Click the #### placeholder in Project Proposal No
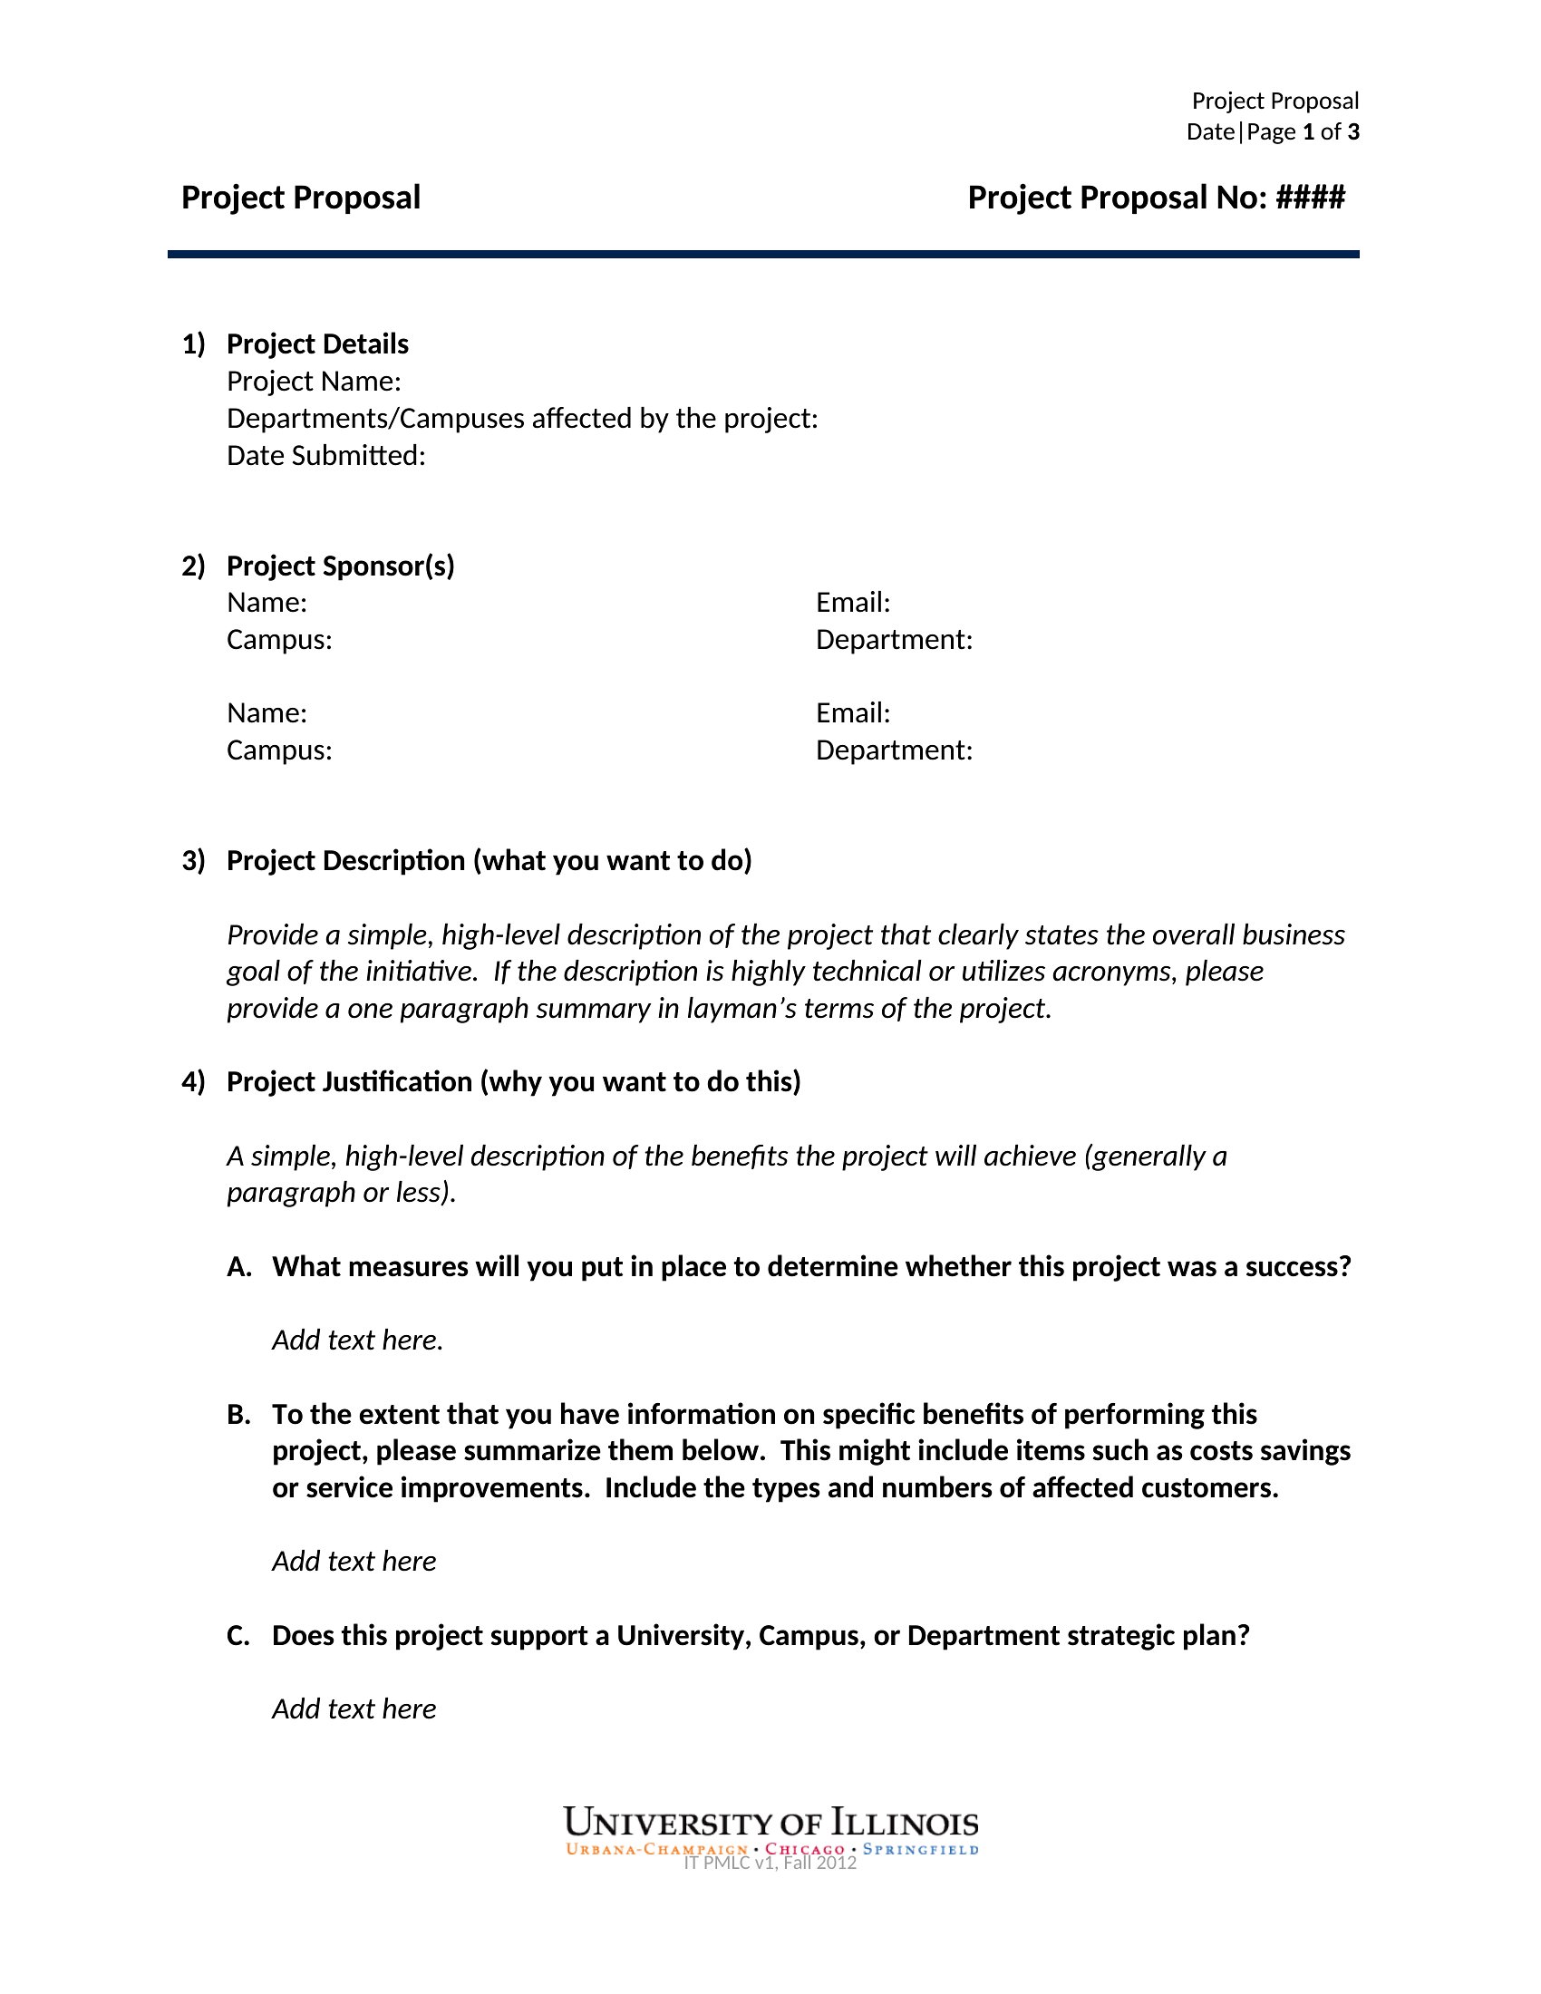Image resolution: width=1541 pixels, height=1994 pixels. [x=1310, y=198]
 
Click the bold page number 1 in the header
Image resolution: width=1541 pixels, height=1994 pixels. [x=1308, y=132]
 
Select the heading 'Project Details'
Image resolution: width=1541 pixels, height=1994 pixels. [x=316, y=344]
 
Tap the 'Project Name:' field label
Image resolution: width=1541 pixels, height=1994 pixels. [x=313, y=382]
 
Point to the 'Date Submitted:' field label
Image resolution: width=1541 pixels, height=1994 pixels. [x=326, y=456]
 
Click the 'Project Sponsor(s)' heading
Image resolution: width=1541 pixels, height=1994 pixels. [x=340, y=566]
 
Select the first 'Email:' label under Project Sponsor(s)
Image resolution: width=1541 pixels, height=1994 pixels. [x=853, y=603]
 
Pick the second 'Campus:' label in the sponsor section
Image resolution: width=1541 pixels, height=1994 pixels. [x=278, y=750]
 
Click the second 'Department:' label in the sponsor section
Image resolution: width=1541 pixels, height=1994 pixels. [x=894, y=750]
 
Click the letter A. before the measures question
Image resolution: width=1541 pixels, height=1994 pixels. [x=238, y=1267]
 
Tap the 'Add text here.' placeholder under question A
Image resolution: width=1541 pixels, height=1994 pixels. [x=357, y=1341]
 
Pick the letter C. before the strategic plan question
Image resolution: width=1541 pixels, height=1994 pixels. [x=238, y=1636]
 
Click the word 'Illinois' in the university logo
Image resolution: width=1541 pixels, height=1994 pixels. [x=904, y=1825]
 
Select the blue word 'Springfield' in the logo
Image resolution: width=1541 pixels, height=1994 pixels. [x=920, y=1850]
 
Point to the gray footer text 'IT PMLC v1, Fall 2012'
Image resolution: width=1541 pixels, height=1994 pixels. [x=770, y=1863]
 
